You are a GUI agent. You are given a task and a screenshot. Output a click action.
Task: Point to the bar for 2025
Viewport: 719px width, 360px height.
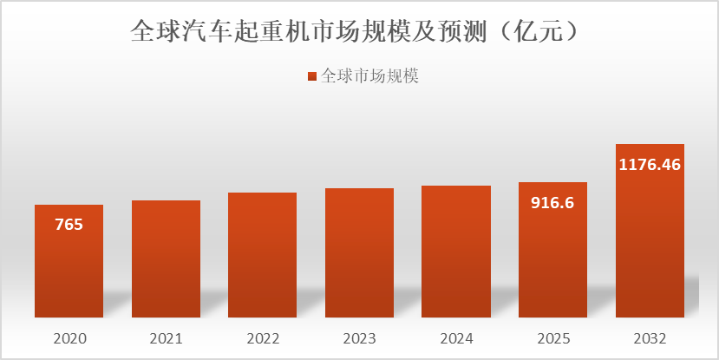pos(552,260)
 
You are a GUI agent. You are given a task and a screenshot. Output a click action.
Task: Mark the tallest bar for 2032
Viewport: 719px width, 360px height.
pos(650,243)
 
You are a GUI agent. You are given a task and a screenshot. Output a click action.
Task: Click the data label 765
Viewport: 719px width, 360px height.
pos(69,225)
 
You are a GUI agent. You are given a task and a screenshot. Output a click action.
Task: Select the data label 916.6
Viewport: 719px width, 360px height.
pos(552,203)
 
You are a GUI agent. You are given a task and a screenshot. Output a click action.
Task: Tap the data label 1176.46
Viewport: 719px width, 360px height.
pos(650,164)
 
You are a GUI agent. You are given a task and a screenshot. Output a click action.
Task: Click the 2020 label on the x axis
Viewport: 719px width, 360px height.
pos(69,337)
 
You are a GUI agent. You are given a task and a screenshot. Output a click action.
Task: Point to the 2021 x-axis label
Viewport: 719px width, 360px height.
pos(166,337)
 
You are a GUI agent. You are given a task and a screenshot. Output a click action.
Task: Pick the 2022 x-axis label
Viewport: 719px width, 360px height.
pos(262,337)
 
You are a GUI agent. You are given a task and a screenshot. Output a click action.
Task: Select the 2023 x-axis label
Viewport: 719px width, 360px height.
pos(359,337)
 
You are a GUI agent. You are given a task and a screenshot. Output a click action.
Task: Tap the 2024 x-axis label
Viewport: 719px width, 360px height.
pos(456,337)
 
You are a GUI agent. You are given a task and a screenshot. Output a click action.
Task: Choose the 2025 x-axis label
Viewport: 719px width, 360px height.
pos(552,337)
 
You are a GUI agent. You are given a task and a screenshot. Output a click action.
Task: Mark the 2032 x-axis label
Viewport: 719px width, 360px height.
pos(650,337)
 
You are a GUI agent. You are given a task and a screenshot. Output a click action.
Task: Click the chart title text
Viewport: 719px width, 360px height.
pos(354,31)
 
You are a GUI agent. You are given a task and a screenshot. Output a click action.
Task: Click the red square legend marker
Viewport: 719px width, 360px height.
pos(313,77)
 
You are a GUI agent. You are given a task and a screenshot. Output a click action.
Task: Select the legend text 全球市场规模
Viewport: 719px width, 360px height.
pos(370,76)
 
